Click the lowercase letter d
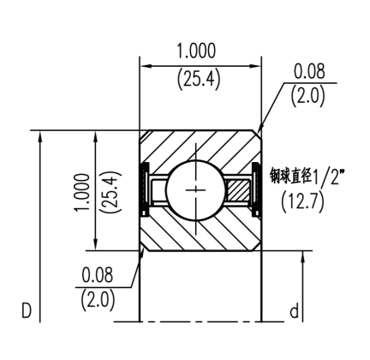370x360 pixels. click(293, 309)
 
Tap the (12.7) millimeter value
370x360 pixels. click(303, 204)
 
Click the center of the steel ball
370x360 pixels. click(197, 188)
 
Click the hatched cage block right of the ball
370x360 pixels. click(239, 188)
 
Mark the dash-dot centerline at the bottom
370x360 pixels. click(197, 321)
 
